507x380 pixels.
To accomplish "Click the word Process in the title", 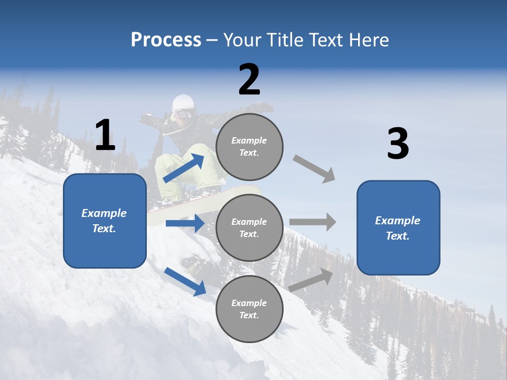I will click(166, 40).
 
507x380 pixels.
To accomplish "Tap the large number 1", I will click(105, 136).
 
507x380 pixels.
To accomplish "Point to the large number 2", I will click(249, 80).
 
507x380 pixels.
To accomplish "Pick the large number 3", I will click(398, 145).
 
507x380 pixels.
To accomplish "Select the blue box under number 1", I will click(105, 221).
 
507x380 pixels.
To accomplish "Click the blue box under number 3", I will click(398, 228).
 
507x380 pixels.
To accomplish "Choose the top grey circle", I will click(249, 147).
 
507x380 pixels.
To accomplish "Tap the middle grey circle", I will click(249, 228).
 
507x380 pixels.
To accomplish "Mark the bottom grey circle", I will click(249, 309).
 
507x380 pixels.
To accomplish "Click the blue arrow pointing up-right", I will click(184, 168).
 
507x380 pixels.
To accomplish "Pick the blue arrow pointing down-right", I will click(185, 281).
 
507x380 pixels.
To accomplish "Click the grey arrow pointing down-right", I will click(314, 169).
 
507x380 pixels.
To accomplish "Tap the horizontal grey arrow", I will click(313, 222).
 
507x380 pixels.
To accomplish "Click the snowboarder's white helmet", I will click(183, 102).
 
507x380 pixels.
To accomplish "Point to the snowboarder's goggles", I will click(183, 113).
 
